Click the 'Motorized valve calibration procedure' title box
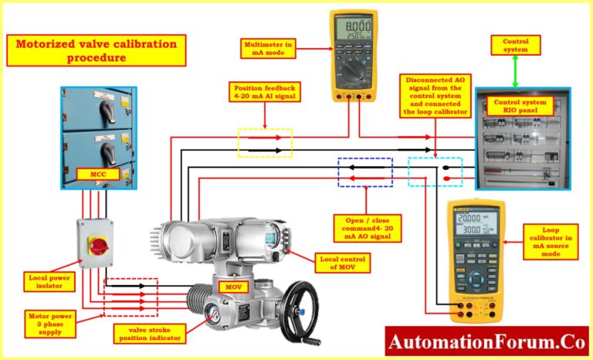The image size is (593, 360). coord(97,50)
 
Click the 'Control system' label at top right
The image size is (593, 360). coord(516,45)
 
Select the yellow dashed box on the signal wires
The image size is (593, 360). coord(265,143)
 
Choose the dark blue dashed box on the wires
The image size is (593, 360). coord(365,172)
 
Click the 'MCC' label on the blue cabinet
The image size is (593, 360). coord(100,175)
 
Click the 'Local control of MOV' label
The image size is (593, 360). coord(341,263)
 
